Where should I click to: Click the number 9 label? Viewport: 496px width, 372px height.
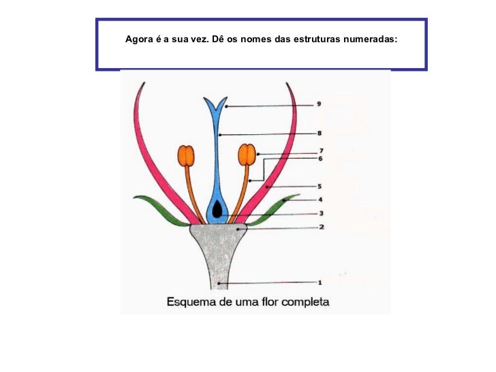320,105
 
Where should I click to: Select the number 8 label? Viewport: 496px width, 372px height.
320,134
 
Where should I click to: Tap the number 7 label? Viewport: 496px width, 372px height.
320,151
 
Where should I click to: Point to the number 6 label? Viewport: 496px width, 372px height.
320,159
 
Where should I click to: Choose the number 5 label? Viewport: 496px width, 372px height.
320,185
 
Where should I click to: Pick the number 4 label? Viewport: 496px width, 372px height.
320,200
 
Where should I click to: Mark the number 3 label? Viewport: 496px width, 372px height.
320,213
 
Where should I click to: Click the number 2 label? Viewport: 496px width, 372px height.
320,228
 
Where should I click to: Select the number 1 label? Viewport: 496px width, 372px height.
320,281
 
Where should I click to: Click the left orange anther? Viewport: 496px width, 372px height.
186,155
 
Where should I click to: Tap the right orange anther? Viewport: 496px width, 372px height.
248,155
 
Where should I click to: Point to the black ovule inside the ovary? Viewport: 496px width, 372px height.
217,211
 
